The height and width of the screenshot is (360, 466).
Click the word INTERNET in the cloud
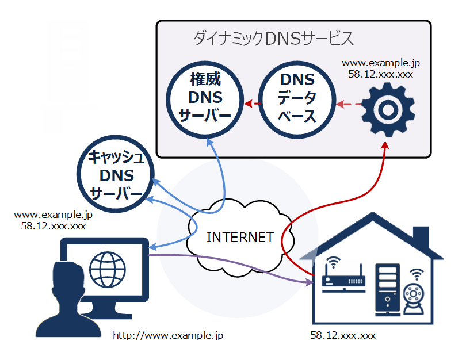240,238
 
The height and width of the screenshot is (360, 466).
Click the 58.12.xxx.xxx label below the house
343,335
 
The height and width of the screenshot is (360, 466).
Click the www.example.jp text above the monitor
53,215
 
